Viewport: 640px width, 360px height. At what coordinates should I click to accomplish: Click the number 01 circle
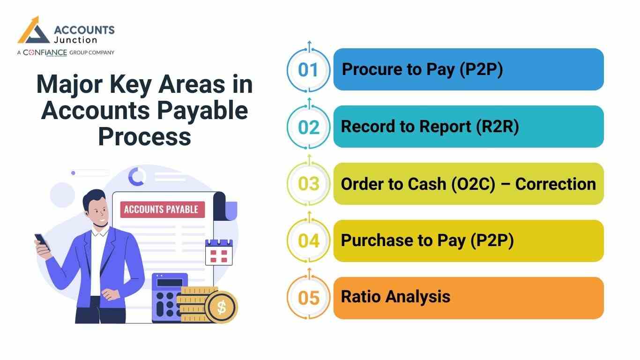[308, 70]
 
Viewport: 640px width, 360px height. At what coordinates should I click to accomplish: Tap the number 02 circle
[308, 127]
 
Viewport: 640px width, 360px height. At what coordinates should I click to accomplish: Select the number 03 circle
[308, 184]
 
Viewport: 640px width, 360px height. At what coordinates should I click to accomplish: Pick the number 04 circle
[308, 241]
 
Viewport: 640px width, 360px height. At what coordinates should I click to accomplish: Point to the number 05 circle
[308, 298]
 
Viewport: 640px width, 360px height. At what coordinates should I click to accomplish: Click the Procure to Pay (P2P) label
[422, 69]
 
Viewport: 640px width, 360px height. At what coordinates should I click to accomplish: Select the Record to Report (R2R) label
[430, 127]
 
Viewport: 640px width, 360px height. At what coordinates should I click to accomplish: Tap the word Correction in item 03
[555, 184]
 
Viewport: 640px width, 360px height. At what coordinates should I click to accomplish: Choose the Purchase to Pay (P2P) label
[427, 240]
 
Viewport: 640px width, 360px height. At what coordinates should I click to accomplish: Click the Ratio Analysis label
[395, 297]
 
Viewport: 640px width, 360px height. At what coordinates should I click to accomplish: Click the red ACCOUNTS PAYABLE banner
[162, 209]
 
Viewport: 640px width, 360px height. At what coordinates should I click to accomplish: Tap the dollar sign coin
[222, 307]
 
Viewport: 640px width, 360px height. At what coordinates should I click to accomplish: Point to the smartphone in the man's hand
[42, 241]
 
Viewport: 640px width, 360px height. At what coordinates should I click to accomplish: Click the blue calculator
[169, 298]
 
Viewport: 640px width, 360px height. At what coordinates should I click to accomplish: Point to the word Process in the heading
[145, 137]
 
